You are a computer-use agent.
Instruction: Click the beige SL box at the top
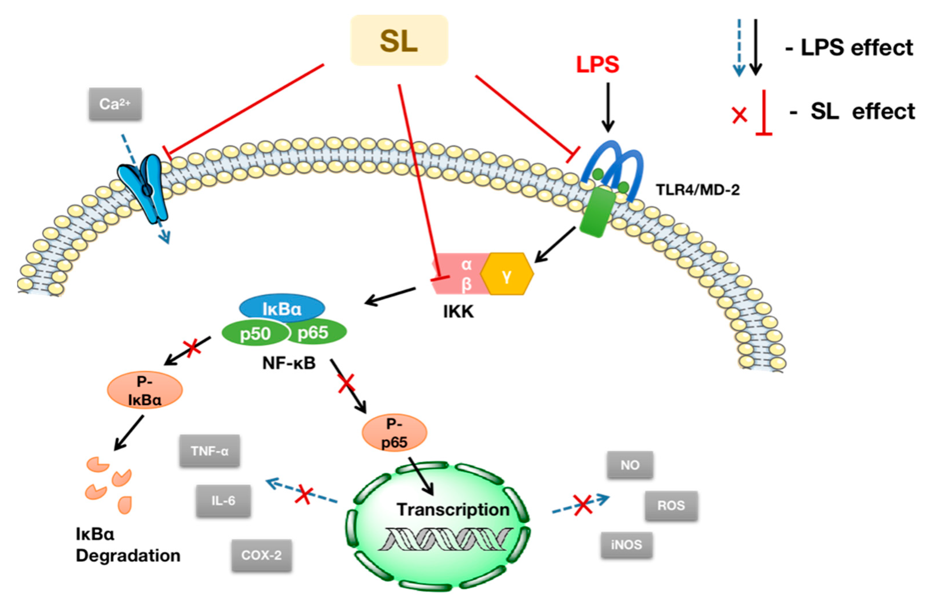[x=399, y=40]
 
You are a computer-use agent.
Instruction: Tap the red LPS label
[x=597, y=65]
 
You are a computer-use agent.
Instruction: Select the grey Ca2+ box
[x=115, y=104]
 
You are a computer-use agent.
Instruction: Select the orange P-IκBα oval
[x=145, y=390]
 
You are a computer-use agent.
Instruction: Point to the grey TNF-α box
[x=209, y=451]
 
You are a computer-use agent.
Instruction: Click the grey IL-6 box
[x=223, y=501]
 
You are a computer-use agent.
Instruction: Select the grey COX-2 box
[x=261, y=555]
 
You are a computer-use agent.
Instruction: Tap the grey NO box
[x=630, y=465]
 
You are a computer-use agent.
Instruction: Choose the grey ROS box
[x=671, y=505]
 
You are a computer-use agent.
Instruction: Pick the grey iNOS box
[x=626, y=545]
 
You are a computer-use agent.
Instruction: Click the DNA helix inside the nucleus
[x=445, y=539]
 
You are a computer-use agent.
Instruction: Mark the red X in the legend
[x=739, y=115]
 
